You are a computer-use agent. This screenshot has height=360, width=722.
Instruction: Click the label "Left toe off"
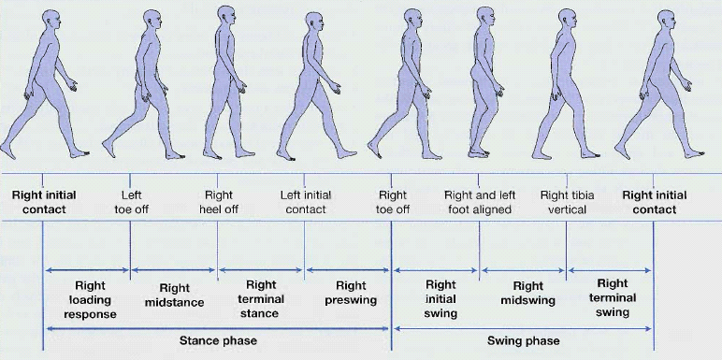point(131,202)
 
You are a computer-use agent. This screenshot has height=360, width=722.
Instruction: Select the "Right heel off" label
point(218,202)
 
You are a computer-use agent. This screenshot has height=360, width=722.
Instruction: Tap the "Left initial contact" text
point(304,202)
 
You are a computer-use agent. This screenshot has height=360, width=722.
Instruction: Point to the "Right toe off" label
point(393,202)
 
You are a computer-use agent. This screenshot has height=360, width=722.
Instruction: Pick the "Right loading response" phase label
point(90,299)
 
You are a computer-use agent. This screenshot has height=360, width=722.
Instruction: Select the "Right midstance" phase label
point(174,295)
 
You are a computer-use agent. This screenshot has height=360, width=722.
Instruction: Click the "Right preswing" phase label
point(351,293)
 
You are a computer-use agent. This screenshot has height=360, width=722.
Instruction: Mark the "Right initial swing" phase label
point(440,299)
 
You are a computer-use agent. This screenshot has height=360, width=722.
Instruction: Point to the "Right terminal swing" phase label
point(612,298)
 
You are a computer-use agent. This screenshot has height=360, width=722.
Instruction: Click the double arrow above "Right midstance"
point(174,270)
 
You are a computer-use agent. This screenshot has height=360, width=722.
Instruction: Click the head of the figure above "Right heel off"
point(225,15)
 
